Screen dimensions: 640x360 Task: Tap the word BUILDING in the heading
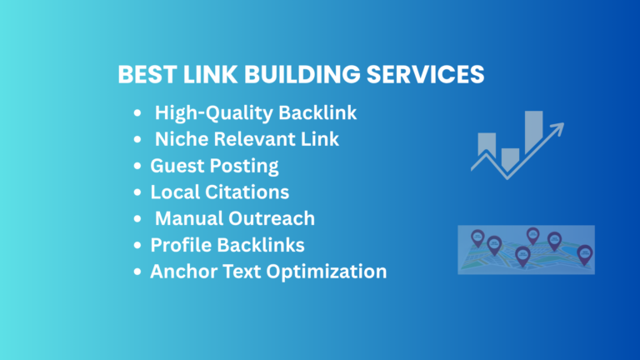point(302,74)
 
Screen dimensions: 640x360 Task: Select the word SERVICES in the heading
point(425,74)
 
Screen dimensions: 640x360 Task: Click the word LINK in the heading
point(210,74)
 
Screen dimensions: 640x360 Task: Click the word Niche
point(182,139)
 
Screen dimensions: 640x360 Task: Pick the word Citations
point(247,192)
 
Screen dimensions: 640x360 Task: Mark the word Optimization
point(327,272)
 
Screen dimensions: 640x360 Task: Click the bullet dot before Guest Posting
point(137,166)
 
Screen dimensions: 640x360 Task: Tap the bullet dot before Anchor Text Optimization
point(137,272)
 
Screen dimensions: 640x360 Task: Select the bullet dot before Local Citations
point(137,192)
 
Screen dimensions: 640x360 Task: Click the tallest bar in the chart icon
point(533,130)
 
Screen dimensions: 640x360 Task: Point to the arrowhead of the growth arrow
point(558,128)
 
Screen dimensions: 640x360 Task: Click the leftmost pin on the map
point(477,238)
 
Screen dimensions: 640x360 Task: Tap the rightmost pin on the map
point(584,255)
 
